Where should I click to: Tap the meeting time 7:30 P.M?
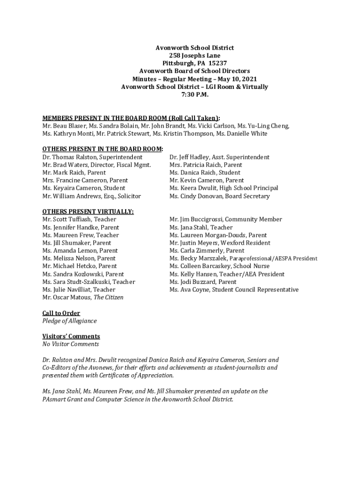[194, 94]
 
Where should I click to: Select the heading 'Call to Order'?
[61, 313]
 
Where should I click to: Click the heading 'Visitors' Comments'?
[71, 336]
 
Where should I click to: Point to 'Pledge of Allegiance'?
[70, 321]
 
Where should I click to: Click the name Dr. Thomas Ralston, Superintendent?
[93, 157]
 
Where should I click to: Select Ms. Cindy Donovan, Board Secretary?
[220, 196]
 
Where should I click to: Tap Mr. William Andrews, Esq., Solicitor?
[92, 196]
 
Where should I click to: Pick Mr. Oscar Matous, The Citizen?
[83, 297]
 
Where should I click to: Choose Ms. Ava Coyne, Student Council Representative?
[234, 290]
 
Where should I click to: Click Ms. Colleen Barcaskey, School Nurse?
[221, 266]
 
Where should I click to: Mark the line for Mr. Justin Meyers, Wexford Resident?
[220, 243]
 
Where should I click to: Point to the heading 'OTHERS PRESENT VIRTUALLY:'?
[88, 211]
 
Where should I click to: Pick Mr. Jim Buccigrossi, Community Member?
[226, 219]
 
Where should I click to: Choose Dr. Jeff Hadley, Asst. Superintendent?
[219, 157]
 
